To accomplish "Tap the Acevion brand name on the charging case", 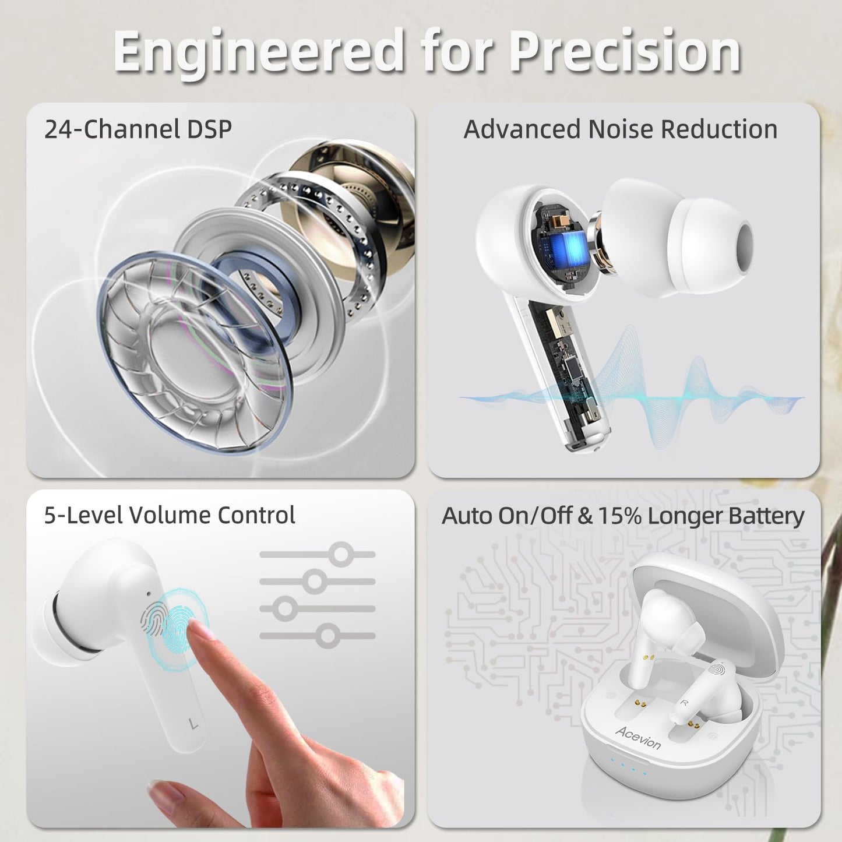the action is click(639, 738).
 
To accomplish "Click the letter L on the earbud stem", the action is click(193, 724).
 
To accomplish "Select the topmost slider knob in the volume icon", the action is click(341, 555).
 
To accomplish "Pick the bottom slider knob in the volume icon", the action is click(327, 636).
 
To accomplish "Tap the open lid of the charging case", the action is click(708, 612).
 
